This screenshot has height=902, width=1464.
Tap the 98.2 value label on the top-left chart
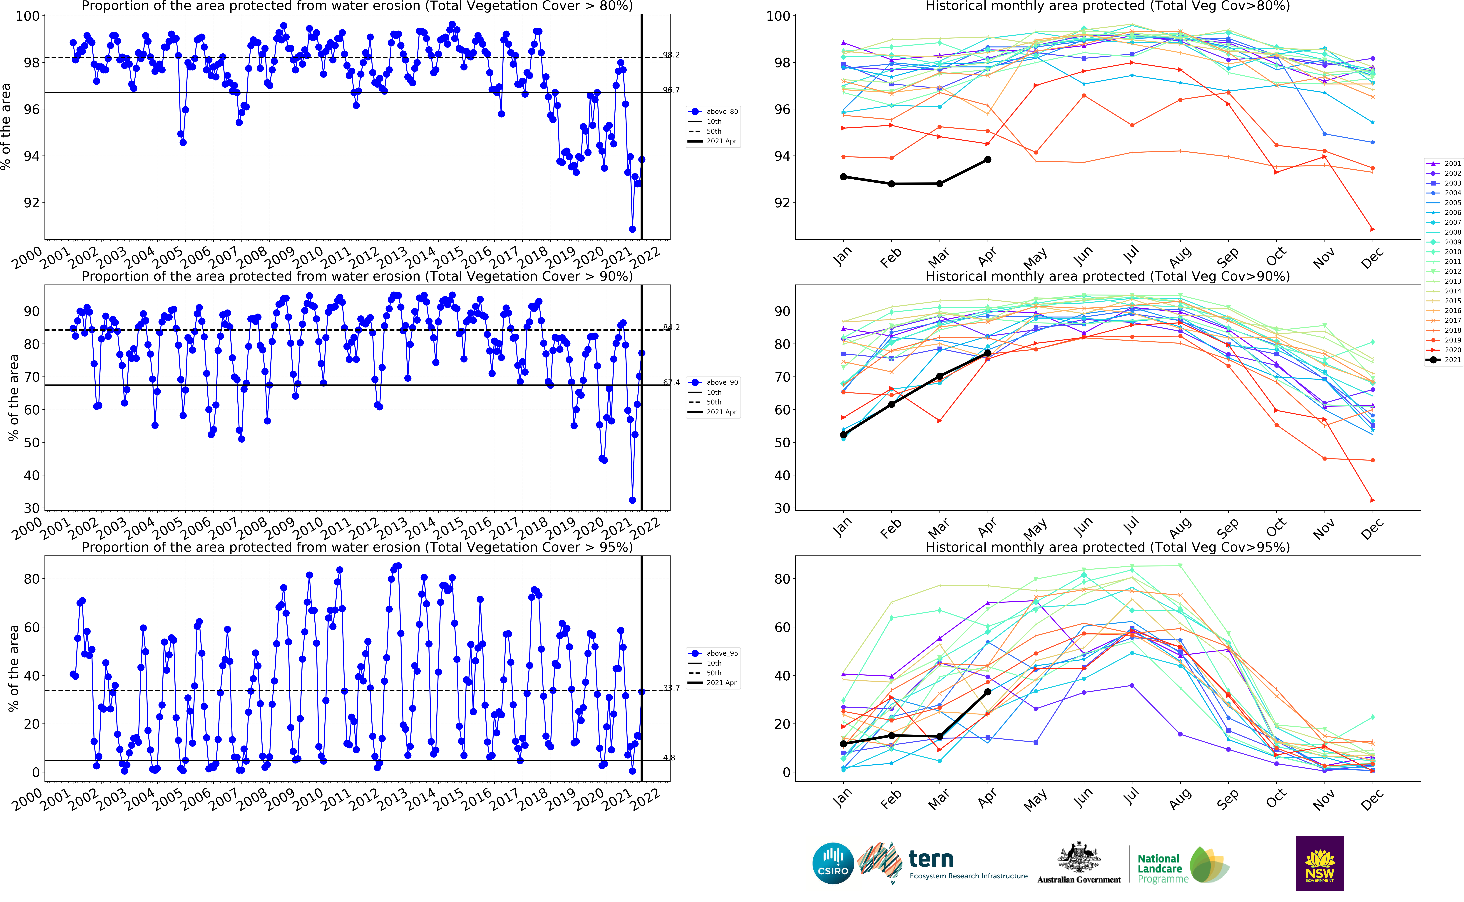click(x=671, y=55)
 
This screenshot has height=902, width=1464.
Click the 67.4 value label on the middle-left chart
click(x=671, y=382)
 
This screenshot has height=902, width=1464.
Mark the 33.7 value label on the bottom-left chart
click(x=671, y=688)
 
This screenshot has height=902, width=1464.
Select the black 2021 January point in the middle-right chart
click(x=843, y=435)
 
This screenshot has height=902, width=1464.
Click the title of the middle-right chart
click(x=1107, y=276)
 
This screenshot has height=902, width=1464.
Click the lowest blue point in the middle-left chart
click(x=632, y=500)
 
